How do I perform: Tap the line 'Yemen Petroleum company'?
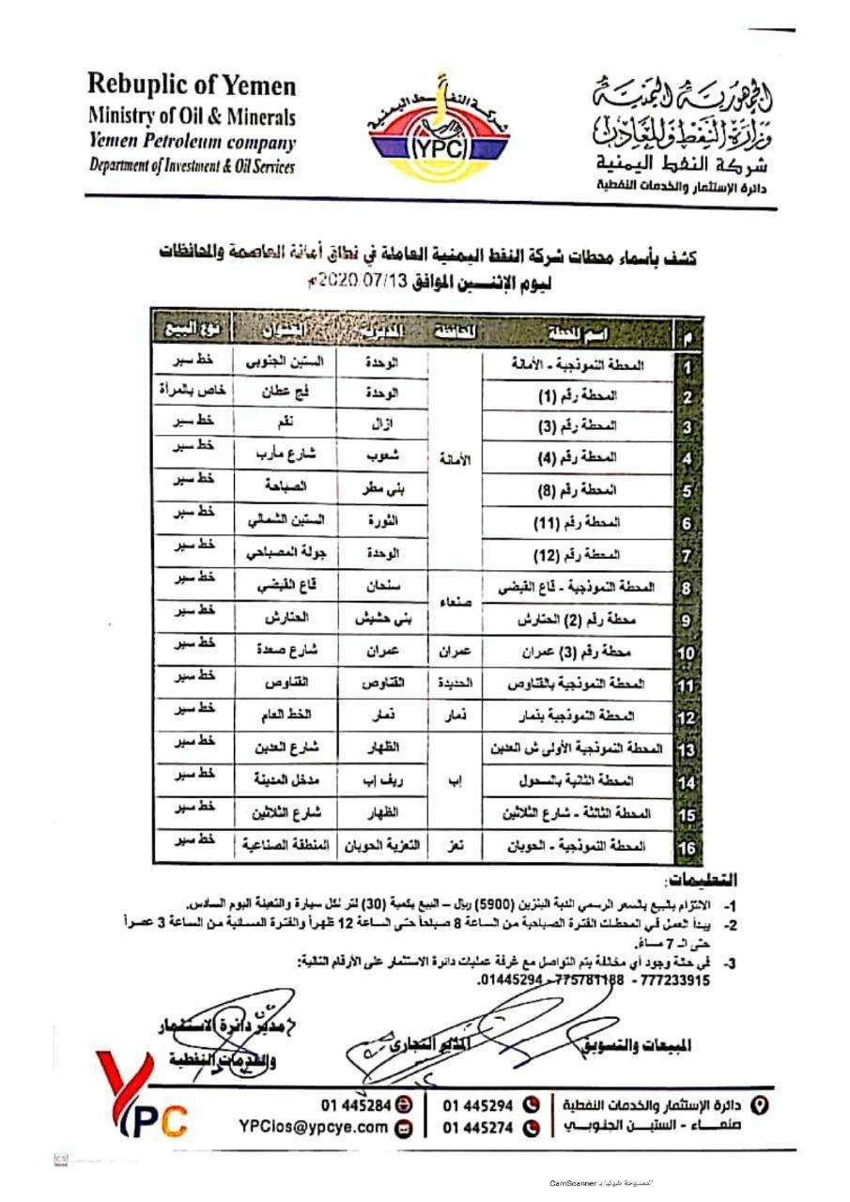192,143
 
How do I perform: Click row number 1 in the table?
688,367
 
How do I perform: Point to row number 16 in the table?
688,848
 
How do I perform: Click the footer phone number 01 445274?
478,1128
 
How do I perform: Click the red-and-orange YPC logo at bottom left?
141,1099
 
